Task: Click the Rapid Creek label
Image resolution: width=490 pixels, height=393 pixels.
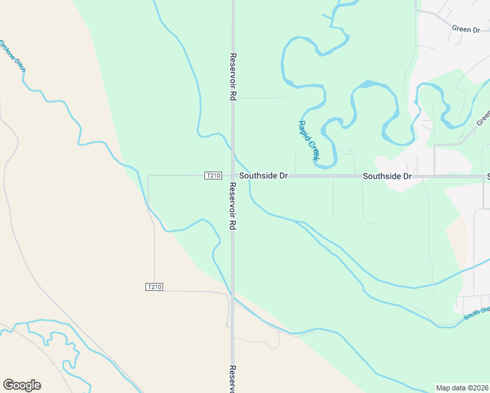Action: coord(308,140)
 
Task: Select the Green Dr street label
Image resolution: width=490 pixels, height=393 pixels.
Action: coord(466,29)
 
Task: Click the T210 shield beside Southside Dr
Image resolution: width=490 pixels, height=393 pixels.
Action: coord(214,176)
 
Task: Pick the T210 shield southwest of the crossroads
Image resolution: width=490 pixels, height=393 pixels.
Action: coord(154,287)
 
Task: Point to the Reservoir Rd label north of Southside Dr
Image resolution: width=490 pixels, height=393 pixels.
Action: coord(233,76)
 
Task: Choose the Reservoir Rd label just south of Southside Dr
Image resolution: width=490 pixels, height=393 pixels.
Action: coord(233,206)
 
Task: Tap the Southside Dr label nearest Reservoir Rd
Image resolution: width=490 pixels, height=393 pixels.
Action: coord(263,176)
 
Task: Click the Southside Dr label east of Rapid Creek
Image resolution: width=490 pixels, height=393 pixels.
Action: coord(387,176)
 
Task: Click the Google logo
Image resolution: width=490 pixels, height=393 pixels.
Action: coord(22,385)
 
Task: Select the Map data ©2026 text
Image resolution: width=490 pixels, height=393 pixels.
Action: coord(462,387)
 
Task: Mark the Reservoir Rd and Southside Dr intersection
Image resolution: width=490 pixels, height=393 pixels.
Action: coord(233,176)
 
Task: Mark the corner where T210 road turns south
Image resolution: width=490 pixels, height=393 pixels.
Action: coord(149,177)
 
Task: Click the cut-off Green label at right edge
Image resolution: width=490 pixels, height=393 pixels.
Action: coord(483,117)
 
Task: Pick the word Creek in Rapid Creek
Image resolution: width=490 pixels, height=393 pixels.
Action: coord(312,150)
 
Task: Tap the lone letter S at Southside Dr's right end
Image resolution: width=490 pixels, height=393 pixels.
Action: coord(487,176)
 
